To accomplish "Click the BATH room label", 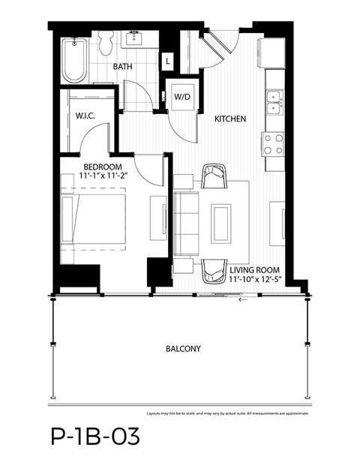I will pos(124,68).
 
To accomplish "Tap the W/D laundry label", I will pos(182,98).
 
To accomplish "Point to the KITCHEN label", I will pos(230,119).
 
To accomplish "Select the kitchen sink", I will pos(273,102).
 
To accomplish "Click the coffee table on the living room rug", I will pos(222,222).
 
